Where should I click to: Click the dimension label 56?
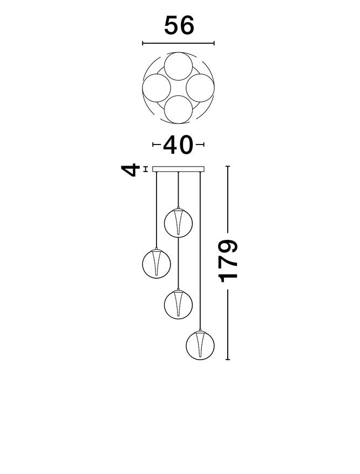[x=179, y=26]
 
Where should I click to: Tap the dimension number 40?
[x=178, y=145]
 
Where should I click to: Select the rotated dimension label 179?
[x=228, y=261]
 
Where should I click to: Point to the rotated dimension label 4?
[x=131, y=170]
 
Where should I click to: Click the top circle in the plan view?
[x=178, y=66]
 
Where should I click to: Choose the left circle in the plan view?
[x=157, y=88]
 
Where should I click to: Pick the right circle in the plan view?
[x=200, y=88]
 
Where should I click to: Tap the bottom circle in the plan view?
[x=178, y=109]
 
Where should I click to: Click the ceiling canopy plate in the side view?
[x=178, y=169]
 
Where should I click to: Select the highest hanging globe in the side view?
[x=178, y=223]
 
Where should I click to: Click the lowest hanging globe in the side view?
[x=200, y=346]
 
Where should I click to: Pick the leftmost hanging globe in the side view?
[x=157, y=264]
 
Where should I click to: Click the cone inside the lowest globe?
[x=200, y=344]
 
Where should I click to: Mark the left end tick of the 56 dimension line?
[x=142, y=44]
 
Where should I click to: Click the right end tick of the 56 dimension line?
[x=214, y=44]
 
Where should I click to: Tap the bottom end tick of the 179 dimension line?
[x=227, y=360]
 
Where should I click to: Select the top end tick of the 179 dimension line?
[x=227, y=166]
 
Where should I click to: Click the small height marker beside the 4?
[x=146, y=169]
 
